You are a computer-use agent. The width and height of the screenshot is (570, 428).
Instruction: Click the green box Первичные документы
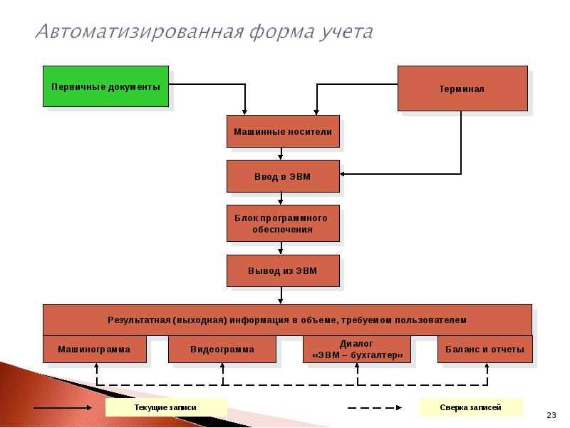click(x=105, y=86)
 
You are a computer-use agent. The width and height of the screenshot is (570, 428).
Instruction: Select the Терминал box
click(x=462, y=88)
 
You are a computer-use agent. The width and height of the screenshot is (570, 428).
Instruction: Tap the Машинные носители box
click(x=283, y=131)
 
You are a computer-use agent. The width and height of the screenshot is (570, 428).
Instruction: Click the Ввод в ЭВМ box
click(x=283, y=176)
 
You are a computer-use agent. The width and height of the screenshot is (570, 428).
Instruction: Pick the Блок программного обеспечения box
click(x=283, y=223)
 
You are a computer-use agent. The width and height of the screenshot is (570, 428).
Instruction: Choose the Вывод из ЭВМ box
click(x=283, y=270)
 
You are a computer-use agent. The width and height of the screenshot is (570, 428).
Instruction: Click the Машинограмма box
click(x=95, y=349)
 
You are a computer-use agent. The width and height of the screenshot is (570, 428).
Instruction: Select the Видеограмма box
click(x=222, y=349)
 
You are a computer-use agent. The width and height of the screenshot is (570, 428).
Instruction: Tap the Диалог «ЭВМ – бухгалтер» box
click(x=357, y=349)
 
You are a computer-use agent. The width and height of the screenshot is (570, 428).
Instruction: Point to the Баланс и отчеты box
click(x=485, y=349)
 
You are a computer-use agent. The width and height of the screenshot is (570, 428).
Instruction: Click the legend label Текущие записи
click(x=165, y=407)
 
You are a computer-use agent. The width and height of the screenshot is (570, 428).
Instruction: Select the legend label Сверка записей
click(x=470, y=407)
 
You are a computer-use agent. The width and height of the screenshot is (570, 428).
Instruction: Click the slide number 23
click(x=551, y=415)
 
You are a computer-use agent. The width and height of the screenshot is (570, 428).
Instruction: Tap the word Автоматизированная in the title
click(x=140, y=31)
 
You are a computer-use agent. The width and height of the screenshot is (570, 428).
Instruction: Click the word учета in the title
click(x=346, y=32)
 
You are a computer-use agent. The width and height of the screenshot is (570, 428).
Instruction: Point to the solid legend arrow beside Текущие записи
click(x=63, y=407)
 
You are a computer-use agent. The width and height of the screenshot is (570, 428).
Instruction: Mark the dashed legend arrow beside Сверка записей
click(x=375, y=407)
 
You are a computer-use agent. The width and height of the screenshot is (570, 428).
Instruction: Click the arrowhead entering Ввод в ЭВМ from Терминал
click(x=342, y=174)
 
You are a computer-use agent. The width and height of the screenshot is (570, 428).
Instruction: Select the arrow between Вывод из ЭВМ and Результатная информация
click(x=280, y=295)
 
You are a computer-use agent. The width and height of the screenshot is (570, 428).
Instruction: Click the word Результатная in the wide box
click(x=139, y=320)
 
